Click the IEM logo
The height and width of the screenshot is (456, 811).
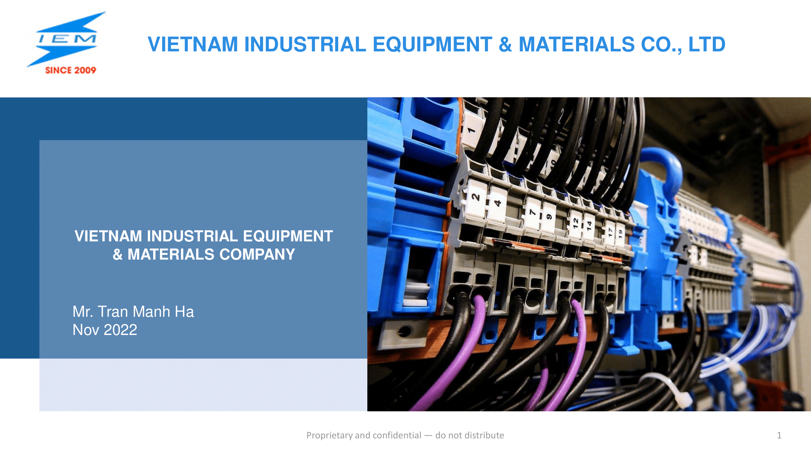pyautogui.click(x=66, y=43)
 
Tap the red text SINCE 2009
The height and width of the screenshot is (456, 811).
pyautogui.click(x=71, y=70)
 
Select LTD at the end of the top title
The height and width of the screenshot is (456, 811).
pyautogui.click(x=707, y=44)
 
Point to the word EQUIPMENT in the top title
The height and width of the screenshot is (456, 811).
pyautogui.click(x=433, y=44)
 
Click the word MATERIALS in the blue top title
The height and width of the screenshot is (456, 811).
pyautogui.click(x=577, y=44)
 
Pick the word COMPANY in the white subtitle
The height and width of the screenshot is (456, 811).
pyautogui.click(x=257, y=254)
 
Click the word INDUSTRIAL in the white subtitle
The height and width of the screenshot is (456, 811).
pyautogui.click(x=192, y=236)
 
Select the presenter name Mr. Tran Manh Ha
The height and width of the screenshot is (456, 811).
pyautogui.click(x=133, y=312)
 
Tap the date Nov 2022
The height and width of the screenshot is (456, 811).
pyautogui.click(x=105, y=330)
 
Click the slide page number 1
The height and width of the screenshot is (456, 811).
pyautogui.click(x=779, y=435)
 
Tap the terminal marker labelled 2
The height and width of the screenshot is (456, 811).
pyautogui.click(x=476, y=198)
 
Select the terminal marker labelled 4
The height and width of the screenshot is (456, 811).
pyautogui.click(x=497, y=203)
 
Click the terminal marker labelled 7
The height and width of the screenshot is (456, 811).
pyautogui.click(x=532, y=212)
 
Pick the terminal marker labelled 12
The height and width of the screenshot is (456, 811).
pyautogui.click(x=576, y=223)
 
